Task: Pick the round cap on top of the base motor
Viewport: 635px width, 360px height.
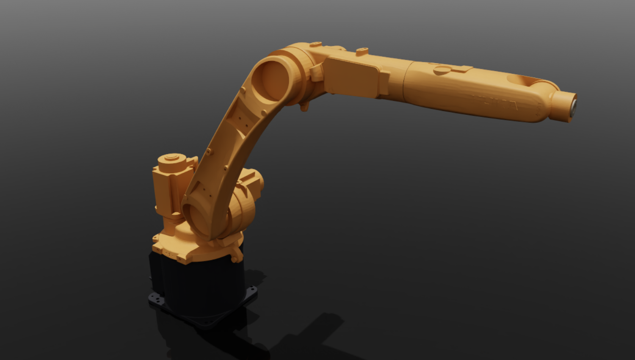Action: coord(171,158)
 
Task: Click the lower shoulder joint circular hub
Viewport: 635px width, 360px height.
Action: coord(199,218)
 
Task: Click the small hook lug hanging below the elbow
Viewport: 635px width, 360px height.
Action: coord(304,107)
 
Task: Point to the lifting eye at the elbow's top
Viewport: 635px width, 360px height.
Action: coord(315,44)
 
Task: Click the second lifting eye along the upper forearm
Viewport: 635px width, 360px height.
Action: coord(362,51)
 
